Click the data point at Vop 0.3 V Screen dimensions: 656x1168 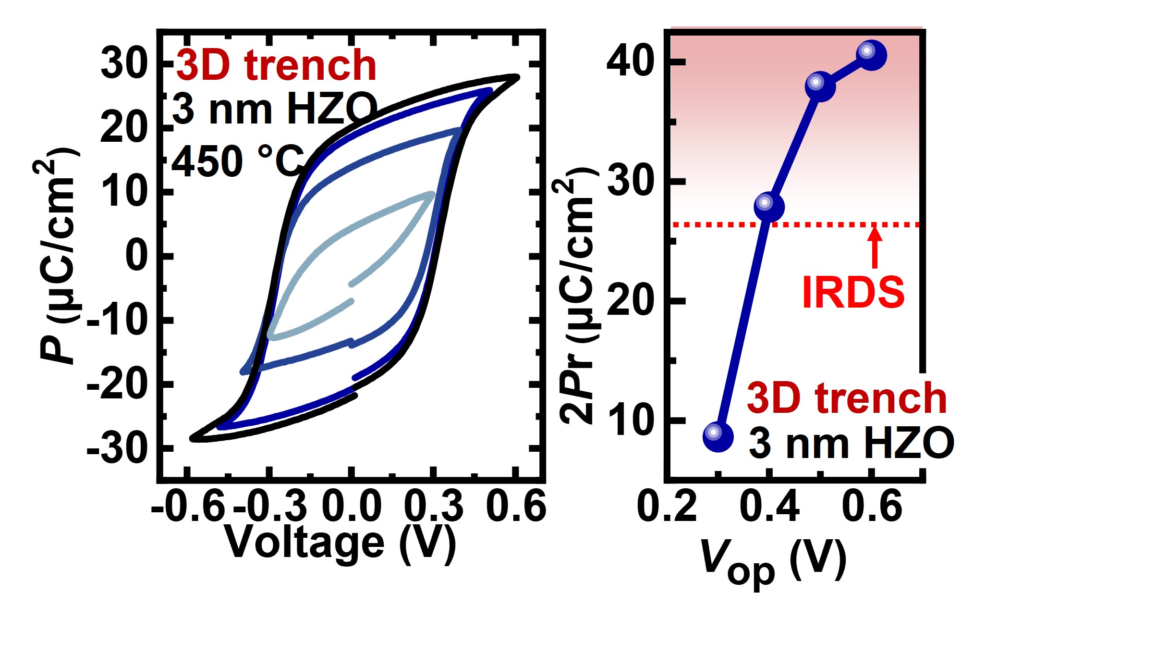pyautogui.click(x=718, y=436)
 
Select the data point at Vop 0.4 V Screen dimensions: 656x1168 pyautogui.click(x=769, y=207)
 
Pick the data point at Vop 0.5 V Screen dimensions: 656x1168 pyautogui.click(x=820, y=87)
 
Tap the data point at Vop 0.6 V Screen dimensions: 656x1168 pyautogui.click(x=871, y=55)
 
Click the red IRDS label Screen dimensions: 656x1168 pyautogui.click(x=853, y=292)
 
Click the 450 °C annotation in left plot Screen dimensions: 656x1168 pyautogui.click(x=238, y=161)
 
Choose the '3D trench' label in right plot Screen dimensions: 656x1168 pyautogui.click(x=847, y=398)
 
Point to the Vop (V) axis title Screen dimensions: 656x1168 pyautogui.click(x=773, y=560)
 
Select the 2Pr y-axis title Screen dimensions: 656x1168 pyautogui.click(x=576, y=296)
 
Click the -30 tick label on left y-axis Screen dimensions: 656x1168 pyautogui.click(x=118, y=449)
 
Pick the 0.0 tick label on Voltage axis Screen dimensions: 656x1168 pyautogui.click(x=352, y=507)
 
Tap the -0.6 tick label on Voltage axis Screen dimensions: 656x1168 pyautogui.click(x=188, y=507)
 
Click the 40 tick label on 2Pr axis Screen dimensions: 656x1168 pyautogui.click(x=630, y=62)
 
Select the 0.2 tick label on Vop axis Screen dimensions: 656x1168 pyautogui.click(x=667, y=507)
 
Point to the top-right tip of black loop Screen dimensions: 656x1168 pyautogui.click(x=516, y=77)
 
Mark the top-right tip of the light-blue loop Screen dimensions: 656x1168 pyautogui.click(x=432, y=194)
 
